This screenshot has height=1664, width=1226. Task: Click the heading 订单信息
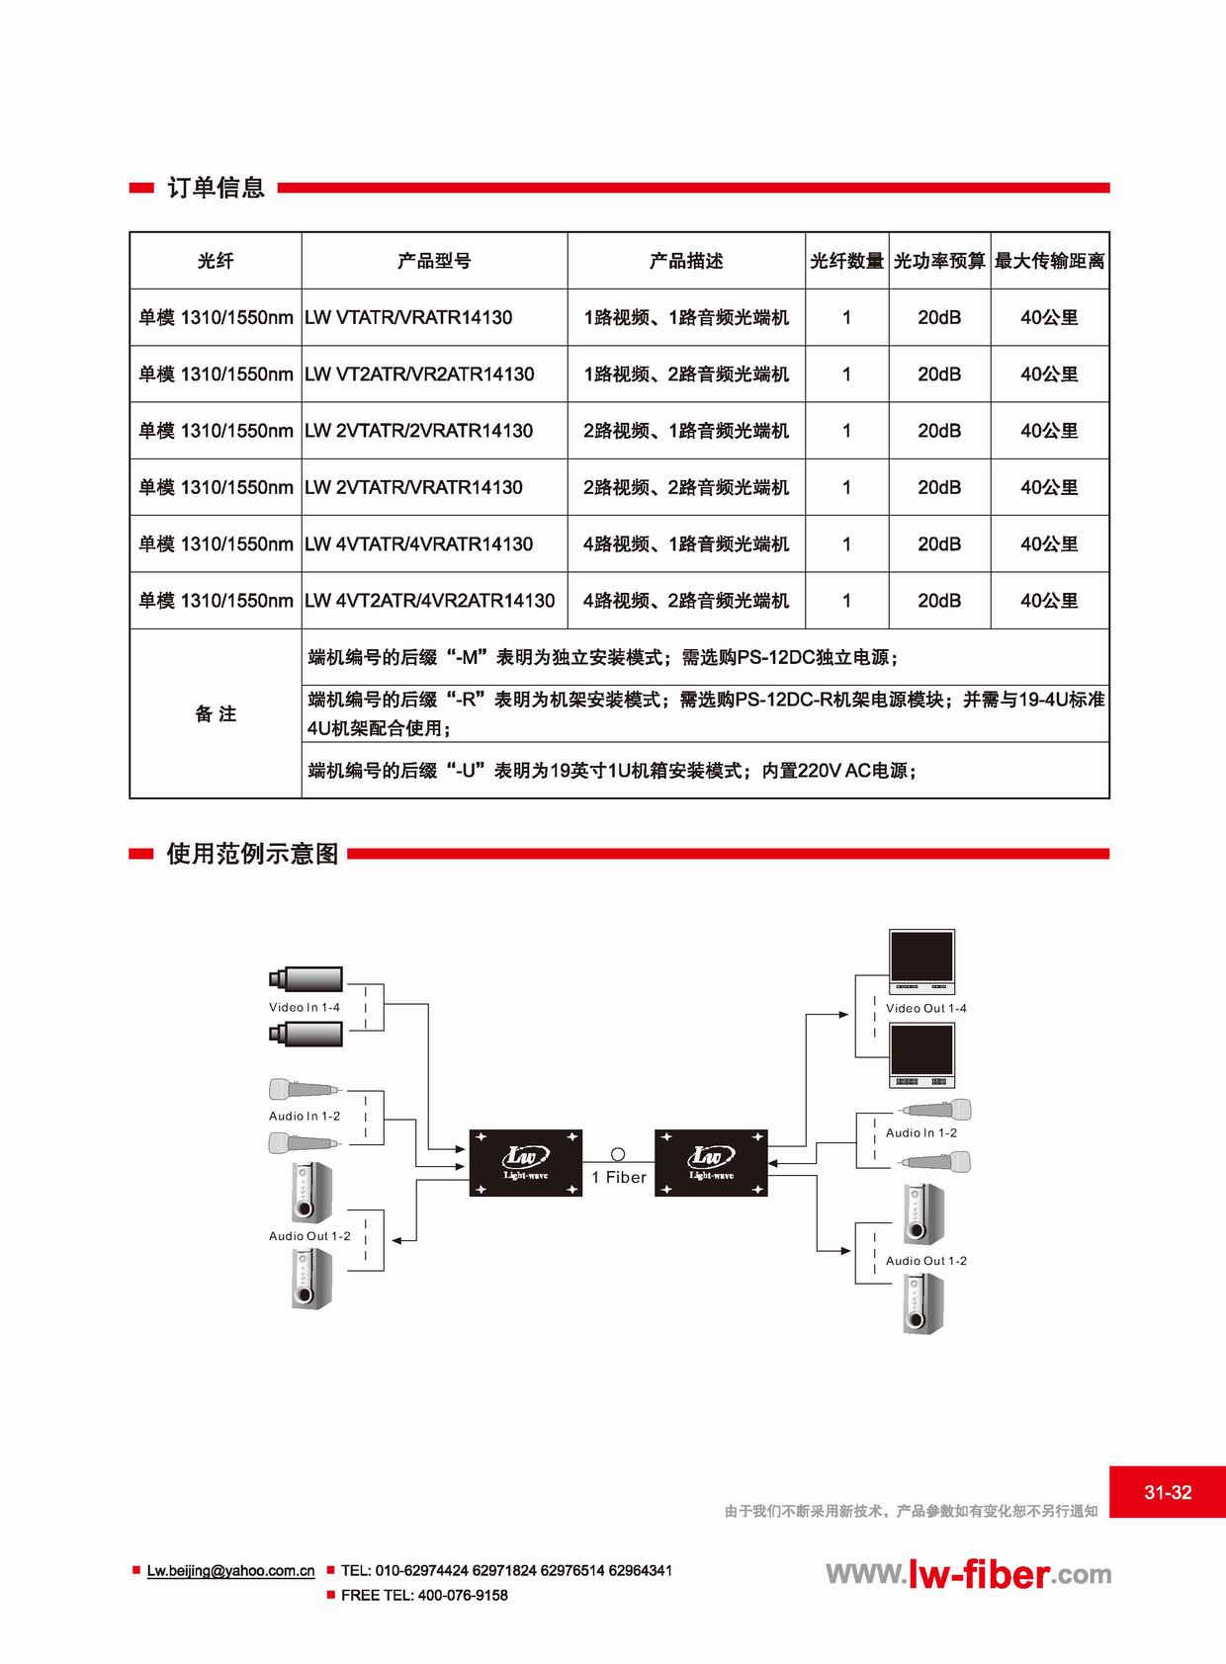point(216,187)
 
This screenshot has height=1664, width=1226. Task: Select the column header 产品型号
point(434,261)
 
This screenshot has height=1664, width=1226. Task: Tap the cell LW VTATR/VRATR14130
point(408,318)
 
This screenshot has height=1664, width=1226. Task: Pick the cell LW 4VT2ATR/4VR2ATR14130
point(430,601)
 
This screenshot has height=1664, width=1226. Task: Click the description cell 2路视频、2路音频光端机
point(686,487)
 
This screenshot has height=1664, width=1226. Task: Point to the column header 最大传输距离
point(1050,261)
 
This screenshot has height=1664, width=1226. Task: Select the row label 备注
point(216,713)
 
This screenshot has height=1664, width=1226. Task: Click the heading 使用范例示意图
point(253,854)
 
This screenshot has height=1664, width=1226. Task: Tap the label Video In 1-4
point(305,1007)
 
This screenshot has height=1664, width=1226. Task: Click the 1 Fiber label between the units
point(619,1177)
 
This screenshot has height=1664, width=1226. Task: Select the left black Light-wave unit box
point(526,1163)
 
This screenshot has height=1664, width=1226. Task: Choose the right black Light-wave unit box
point(711,1163)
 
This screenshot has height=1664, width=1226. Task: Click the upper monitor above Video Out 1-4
point(921,961)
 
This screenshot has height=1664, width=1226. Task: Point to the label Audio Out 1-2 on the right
point(925,1261)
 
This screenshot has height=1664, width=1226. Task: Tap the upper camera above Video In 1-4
point(306,979)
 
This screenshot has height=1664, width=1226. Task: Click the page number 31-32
point(1168,1492)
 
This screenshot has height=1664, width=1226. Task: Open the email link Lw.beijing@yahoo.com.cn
point(230,1570)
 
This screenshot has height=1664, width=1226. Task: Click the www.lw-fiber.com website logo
point(968,1573)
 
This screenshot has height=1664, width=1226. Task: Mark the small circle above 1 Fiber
point(618,1154)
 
